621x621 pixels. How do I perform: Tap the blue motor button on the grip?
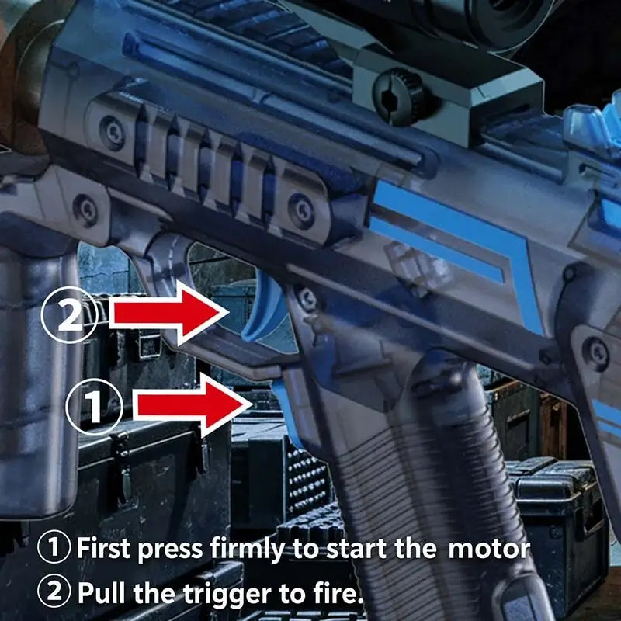[286, 412]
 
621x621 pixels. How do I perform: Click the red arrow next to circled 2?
[168, 313]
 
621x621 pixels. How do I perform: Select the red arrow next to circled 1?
[193, 404]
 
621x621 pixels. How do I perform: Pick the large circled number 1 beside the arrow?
[94, 407]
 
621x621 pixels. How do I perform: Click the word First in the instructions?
[103, 548]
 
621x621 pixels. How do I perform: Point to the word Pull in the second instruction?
[103, 593]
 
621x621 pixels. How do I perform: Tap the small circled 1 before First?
[54, 547]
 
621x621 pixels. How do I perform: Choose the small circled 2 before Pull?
[54, 591]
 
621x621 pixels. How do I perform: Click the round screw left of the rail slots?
[113, 132]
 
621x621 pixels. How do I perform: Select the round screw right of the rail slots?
[302, 211]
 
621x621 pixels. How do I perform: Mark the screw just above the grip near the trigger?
[307, 298]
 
